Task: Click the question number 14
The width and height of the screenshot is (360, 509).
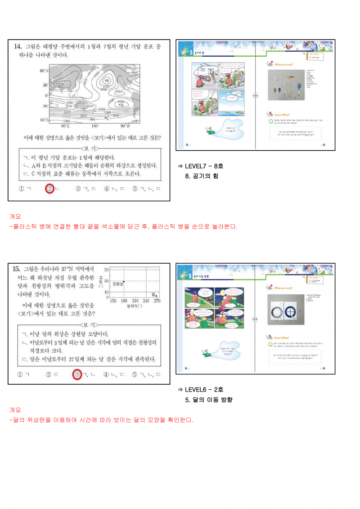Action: (x=18, y=46)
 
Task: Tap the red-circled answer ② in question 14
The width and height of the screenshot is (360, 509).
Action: (x=49, y=189)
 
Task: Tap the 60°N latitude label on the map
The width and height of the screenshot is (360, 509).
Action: (x=44, y=71)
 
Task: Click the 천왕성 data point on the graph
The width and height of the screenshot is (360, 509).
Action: (x=124, y=281)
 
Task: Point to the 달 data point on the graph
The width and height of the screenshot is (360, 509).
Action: (x=156, y=296)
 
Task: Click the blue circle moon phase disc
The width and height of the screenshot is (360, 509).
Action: (x=288, y=311)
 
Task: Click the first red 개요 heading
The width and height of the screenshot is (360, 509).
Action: (x=15, y=216)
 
